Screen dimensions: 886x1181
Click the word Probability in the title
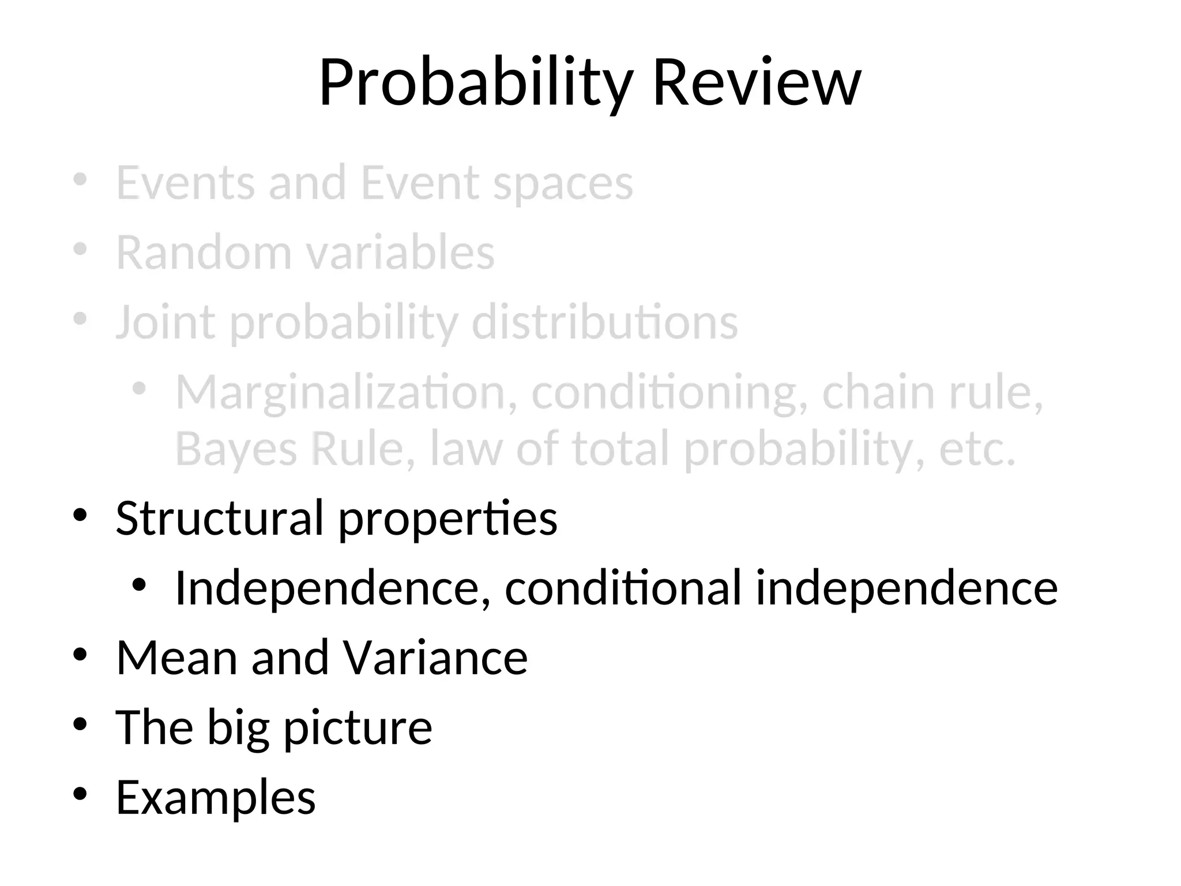[476, 84]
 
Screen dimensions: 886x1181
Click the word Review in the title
[757, 84]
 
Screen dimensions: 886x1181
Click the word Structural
[220, 518]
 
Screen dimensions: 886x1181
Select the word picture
[358, 728]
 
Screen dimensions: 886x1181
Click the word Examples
[216, 798]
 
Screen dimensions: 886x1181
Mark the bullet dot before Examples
[80, 794]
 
